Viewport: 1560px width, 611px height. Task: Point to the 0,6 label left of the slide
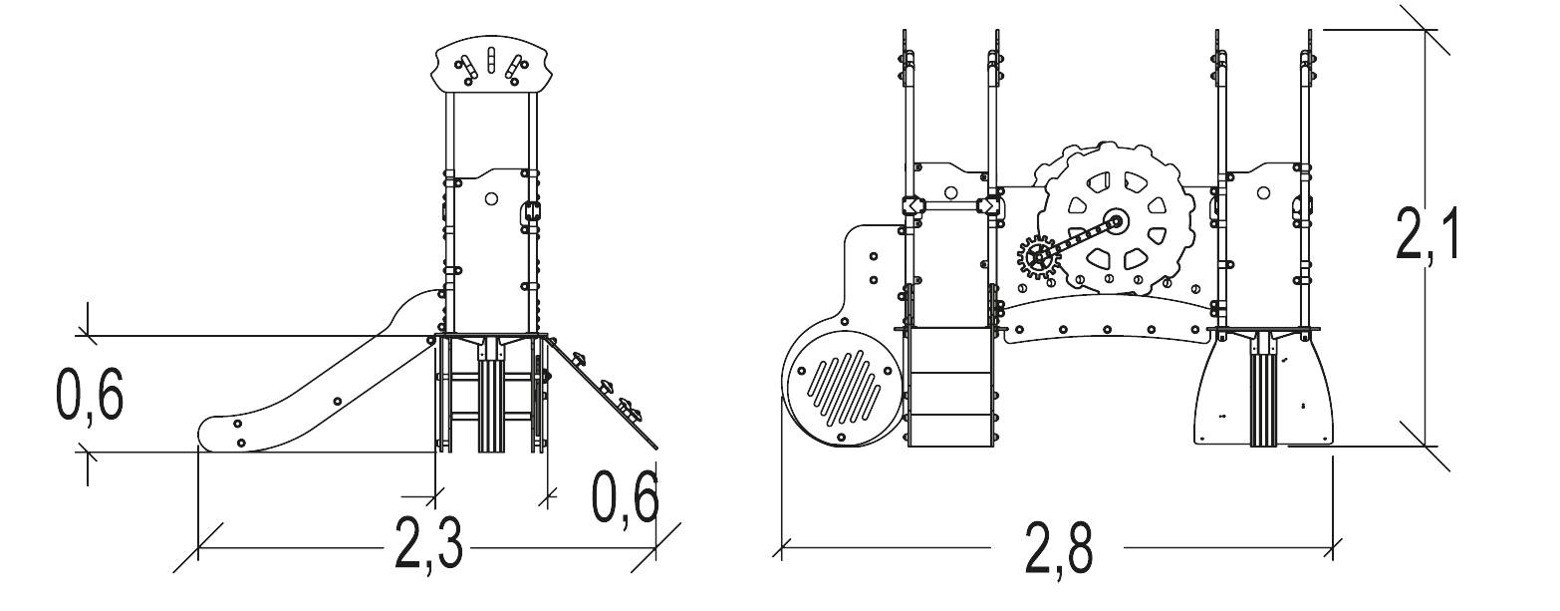pyautogui.click(x=90, y=395)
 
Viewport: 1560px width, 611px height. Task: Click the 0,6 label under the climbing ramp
pyautogui.click(x=625, y=497)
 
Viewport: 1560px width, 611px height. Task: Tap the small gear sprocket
pyautogui.click(x=1038, y=258)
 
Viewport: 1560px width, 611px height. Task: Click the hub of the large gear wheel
pyautogui.click(x=1117, y=222)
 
